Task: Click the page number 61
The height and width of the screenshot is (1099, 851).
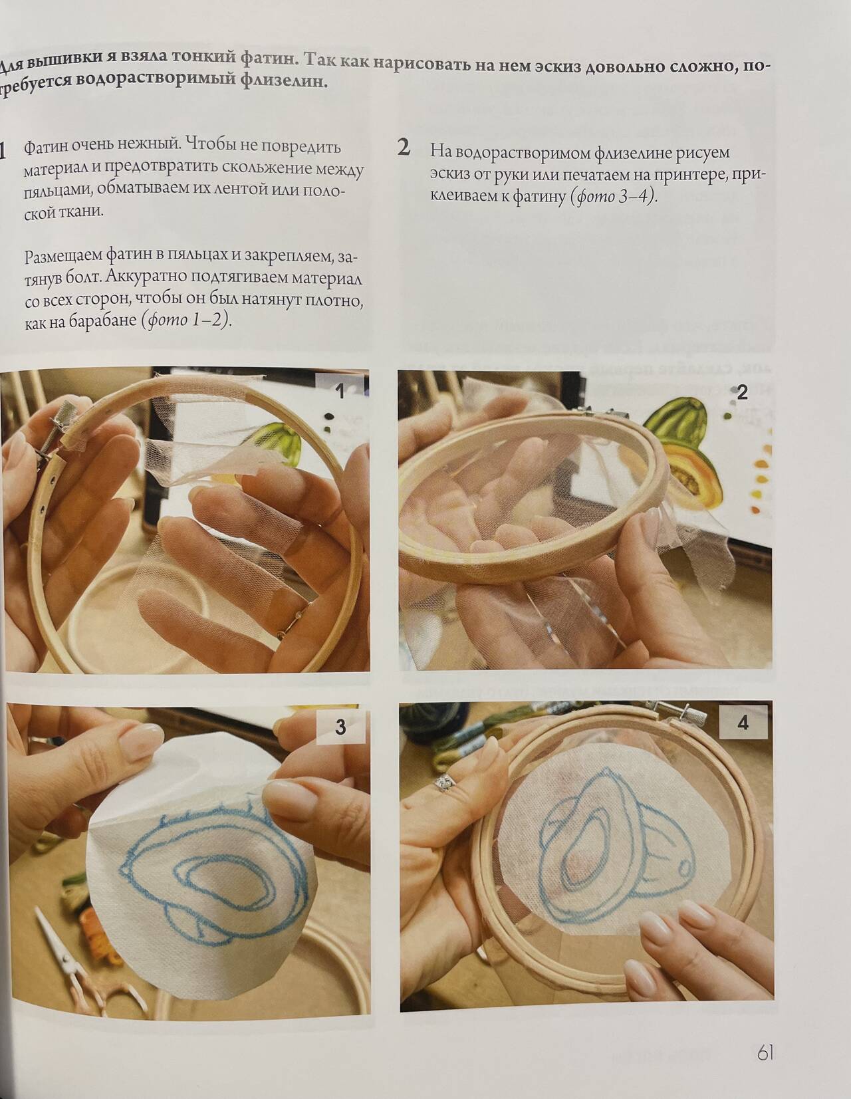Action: (x=765, y=1054)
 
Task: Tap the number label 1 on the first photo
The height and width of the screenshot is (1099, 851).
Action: (x=340, y=391)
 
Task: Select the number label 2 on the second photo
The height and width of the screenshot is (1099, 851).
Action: (x=742, y=393)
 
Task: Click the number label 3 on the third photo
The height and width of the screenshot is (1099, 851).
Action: (x=340, y=727)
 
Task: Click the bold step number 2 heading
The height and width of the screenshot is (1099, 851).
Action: (x=404, y=147)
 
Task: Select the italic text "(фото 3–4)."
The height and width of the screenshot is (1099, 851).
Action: (x=614, y=196)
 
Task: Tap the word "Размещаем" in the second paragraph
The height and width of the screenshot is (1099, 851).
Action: (x=64, y=257)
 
